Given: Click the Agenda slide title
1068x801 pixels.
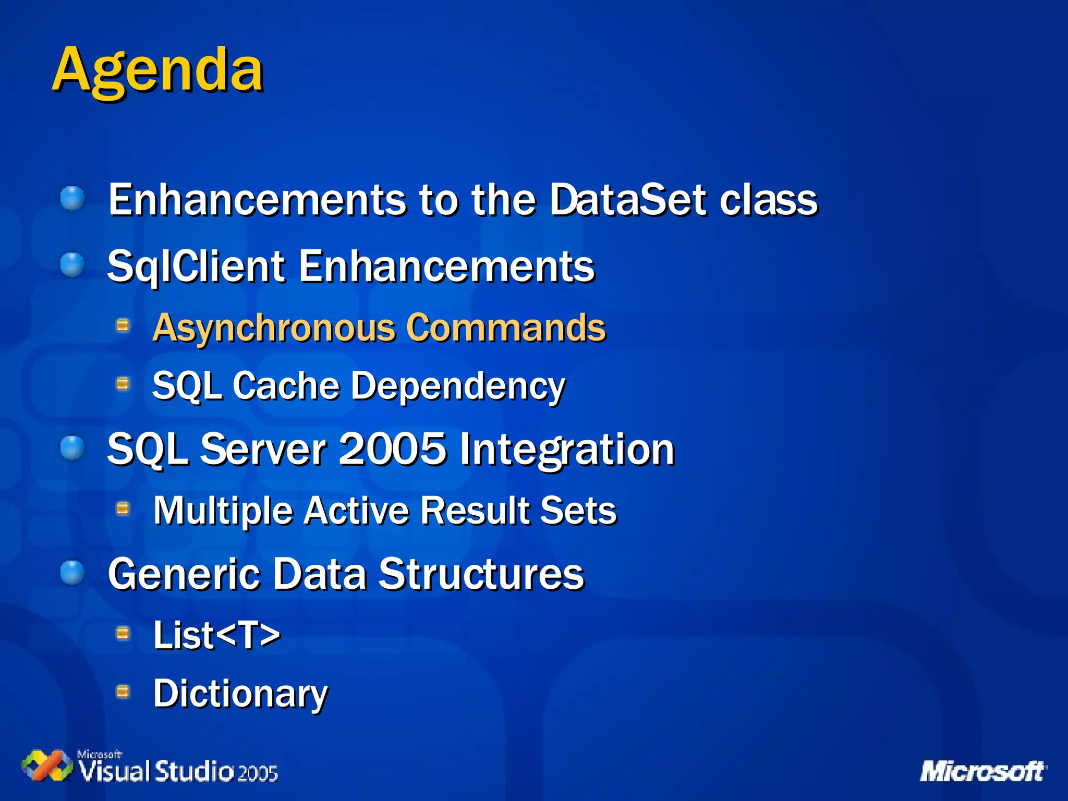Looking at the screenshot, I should [157, 70].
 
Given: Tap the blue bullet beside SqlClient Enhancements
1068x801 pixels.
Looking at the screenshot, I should [72, 265].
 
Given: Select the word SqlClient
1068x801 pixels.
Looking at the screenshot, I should [196, 266].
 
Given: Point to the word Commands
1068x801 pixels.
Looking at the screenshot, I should [506, 327].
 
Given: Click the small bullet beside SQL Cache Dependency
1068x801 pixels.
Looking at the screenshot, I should [123, 384].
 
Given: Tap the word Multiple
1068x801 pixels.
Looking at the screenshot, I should [223, 511].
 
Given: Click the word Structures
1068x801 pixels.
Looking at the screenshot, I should [481, 574].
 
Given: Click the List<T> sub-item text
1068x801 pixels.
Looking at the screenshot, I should [216, 635].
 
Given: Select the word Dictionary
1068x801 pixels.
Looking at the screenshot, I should [240, 694].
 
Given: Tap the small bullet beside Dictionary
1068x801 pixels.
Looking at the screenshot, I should [123, 691].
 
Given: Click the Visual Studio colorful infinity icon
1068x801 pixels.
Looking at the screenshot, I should [47, 766].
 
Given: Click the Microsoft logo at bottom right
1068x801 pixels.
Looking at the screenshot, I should [982, 771].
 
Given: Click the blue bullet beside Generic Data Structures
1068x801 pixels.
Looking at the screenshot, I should [72, 573].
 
